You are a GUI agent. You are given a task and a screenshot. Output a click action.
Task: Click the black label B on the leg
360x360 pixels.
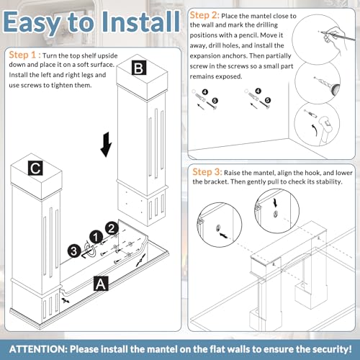[x=139, y=68]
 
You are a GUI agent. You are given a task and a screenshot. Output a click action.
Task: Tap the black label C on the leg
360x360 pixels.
[x=35, y=168]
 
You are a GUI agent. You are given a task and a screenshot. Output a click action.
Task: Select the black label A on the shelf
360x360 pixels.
[x=101, y=284]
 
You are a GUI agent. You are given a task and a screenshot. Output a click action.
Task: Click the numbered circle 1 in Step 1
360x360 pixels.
[x=96, y=238]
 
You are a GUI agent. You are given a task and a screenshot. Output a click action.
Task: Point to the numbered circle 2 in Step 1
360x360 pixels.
[x=112, y=228]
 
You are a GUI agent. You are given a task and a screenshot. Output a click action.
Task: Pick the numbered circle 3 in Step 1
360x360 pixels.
[x=74, y=251]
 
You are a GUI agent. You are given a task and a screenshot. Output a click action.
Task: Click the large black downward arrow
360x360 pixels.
[x=106, y=145]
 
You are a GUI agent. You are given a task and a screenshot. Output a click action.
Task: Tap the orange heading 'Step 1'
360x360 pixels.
[x=22, y=55]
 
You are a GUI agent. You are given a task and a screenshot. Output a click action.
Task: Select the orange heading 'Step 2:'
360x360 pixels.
[x=204, y=15]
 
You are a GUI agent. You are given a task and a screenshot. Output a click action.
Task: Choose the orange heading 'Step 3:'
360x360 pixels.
[x=207, y=172]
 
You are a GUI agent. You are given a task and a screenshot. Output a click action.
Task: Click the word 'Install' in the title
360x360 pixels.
[x=141, y=22]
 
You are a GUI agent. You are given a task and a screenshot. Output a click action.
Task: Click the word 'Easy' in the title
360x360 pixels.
[x=32, y=23]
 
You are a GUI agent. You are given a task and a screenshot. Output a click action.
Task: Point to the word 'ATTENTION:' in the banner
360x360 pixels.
[x=39, y=349]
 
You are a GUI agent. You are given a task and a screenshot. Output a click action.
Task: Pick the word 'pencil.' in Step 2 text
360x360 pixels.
[x=248, y=35]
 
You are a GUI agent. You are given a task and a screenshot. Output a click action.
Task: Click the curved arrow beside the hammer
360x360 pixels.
[x=314, y=130]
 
